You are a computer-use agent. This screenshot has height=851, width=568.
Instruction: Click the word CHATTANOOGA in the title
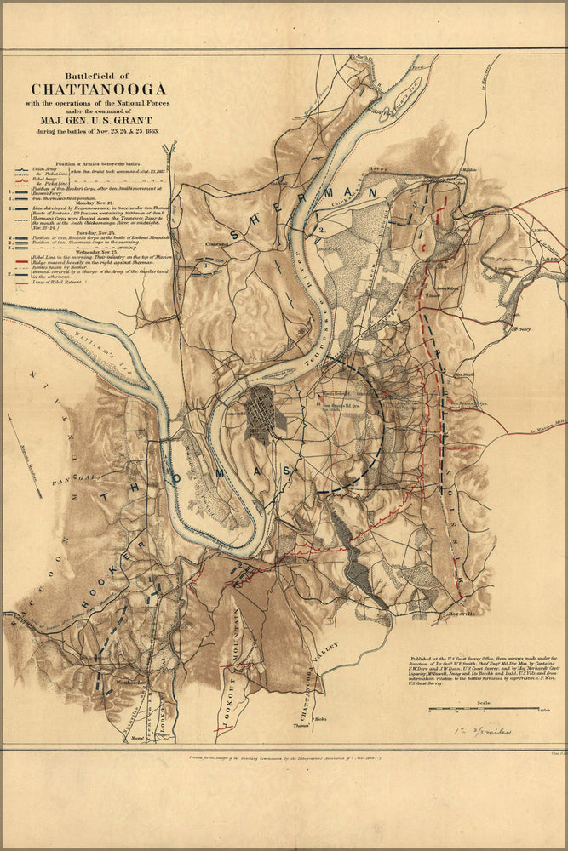99,89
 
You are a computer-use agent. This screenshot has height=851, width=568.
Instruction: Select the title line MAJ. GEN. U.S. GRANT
99,120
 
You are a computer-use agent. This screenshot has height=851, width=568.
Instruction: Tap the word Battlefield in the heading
99,75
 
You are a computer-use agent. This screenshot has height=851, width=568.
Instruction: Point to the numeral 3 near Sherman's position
415,204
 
